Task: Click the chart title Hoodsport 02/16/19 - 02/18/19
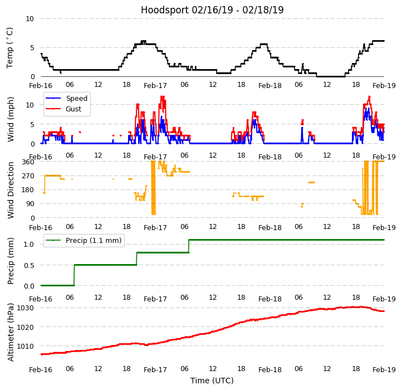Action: pos(212,10)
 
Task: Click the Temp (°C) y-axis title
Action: pos(10,47)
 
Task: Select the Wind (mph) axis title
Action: pos(11,119)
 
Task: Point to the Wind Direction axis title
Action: pos(11,190)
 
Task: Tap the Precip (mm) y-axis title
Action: pos(11,261)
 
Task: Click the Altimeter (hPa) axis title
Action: pos(11,332)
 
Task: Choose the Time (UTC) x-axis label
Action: pos(212,381)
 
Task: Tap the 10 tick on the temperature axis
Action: pos(30,18)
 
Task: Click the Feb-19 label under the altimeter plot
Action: pos(384,370)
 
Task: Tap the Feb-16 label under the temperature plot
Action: pos(41,86)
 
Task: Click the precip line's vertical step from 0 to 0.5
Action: pos(74,275)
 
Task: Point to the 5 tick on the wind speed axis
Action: pos(32,124)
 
